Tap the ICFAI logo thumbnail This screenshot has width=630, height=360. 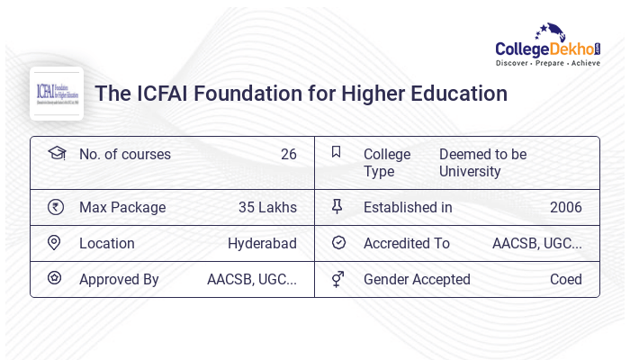tap(57, 94)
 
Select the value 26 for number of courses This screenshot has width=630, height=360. tap(288, 154)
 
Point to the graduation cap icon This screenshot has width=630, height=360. tap(56, 153)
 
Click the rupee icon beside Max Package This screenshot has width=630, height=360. tap(56, 207)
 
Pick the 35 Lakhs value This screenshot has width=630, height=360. tap(267, 207)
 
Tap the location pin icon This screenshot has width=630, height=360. tap(54, 243)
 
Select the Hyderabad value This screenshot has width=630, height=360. tap(262, 243)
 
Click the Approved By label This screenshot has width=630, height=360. tap(119, 279)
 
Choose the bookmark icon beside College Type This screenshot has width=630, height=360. tap(337, 152)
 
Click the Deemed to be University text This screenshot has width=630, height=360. tap(482, 162)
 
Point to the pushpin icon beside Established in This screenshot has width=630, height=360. tap(337, 207)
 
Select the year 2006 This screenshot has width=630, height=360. tap(565, 207)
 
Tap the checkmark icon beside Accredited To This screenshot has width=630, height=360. tap(338, 243)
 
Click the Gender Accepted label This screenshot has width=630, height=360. tap(417, 279)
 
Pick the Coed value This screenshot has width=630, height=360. tap(565, 279)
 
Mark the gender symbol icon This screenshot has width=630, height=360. tap(337, 279)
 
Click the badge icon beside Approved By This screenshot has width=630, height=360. tap(54, 278)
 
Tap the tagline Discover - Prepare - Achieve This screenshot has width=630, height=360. tap(547, 63)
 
